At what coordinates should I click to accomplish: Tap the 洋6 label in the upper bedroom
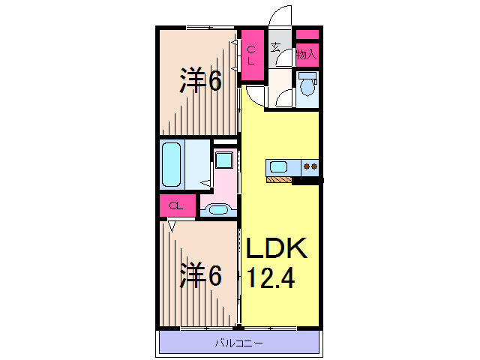point(199,80)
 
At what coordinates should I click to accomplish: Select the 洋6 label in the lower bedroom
point(199,277)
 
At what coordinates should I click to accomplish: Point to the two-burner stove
point(310,166)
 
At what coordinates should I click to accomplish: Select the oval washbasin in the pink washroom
point(218,209)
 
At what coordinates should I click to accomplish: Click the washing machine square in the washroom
point(223,160)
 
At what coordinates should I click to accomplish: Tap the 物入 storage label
point(306,54)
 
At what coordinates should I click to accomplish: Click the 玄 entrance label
point(276,48)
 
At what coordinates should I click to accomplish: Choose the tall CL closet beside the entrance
point(252,55)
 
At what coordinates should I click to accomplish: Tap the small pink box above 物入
point(307,34)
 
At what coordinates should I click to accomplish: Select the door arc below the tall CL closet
point(254,94)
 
